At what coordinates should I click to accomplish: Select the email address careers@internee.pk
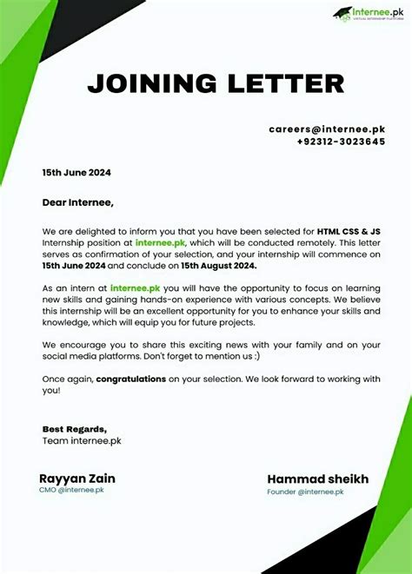tap(327, 129)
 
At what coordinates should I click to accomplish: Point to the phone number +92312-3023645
tap(340, 141)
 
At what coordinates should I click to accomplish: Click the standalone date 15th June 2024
tap(76, 172)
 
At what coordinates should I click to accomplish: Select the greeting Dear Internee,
tap(77, 202)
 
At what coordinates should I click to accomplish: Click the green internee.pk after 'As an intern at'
tap(136, 287)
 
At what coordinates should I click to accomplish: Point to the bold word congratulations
tap(135, 379)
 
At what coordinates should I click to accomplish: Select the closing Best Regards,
tap(75, 429)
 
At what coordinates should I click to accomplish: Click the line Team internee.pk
tap(82, 440)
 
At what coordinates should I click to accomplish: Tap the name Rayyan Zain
tap(77, 478)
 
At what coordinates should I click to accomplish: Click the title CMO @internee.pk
tap(71, 491)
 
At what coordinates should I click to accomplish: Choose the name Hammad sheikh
tap(318, 479)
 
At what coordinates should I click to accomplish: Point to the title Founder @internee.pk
tap(305, 492)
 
